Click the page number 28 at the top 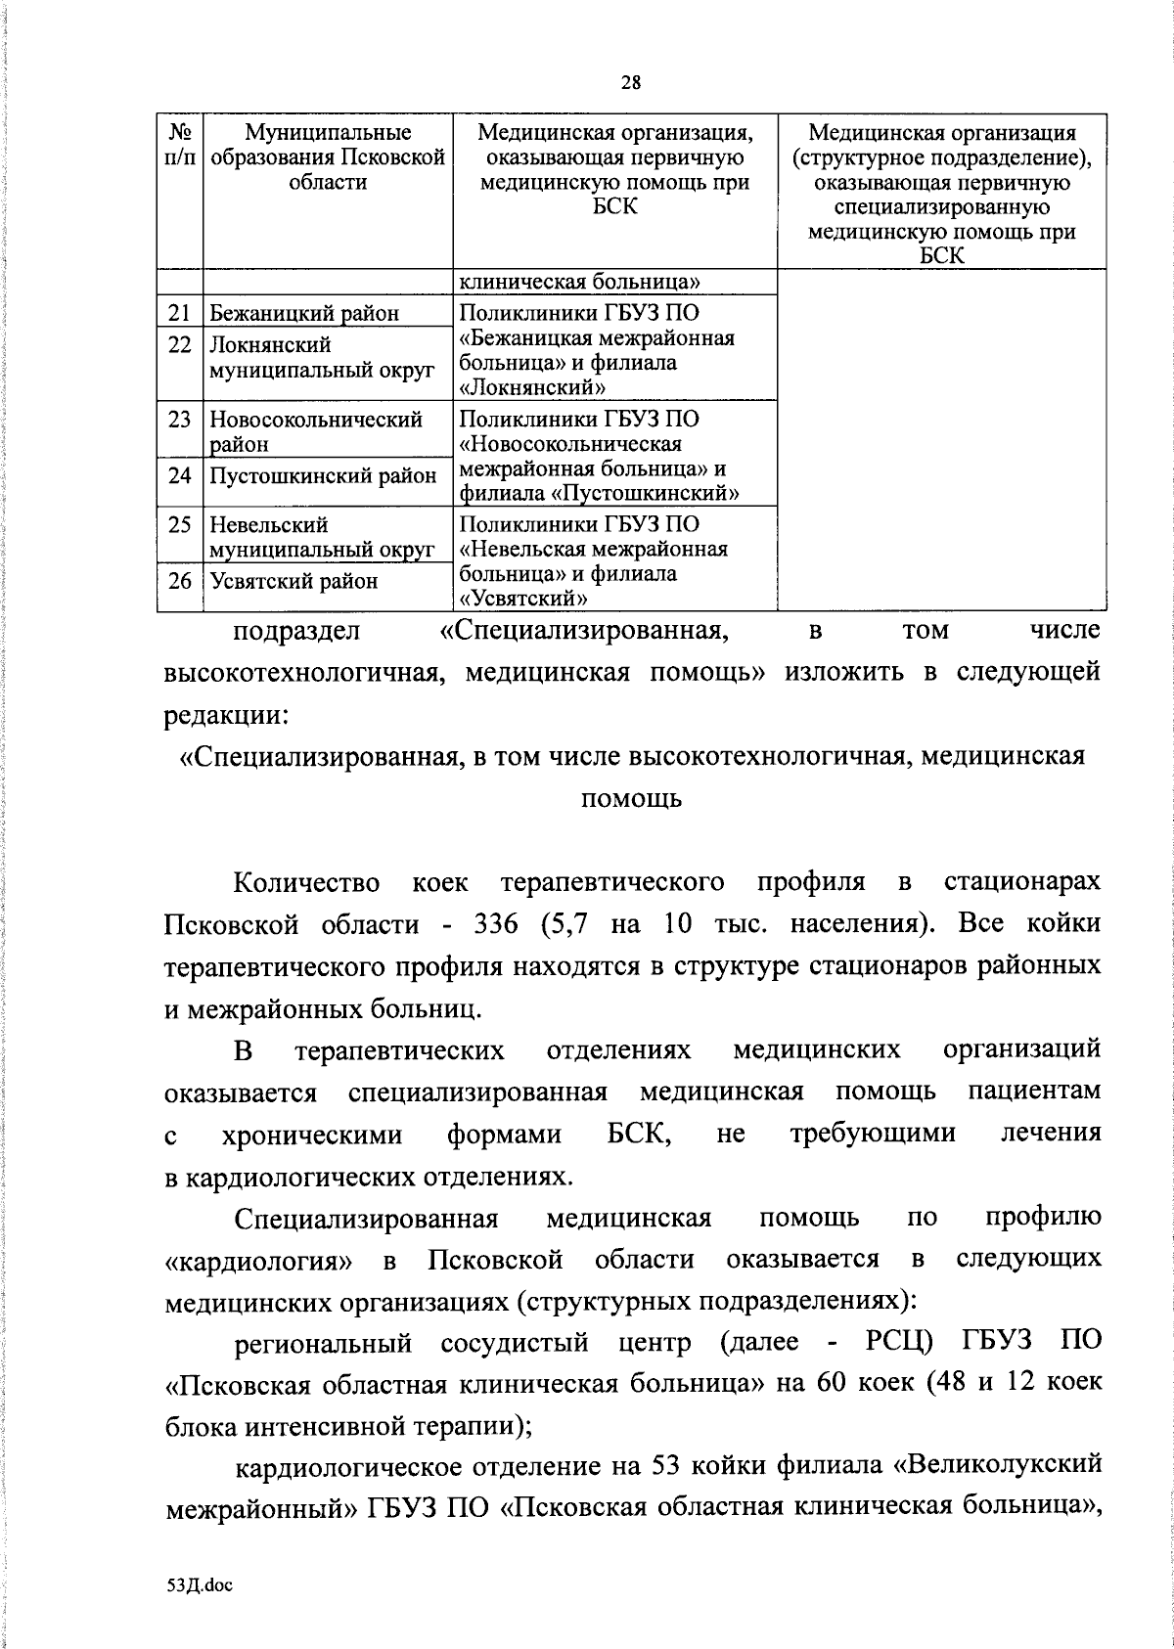coord(630,82)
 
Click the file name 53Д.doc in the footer coord(200,1586)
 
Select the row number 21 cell coord(179,313)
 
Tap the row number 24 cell coord(179,476)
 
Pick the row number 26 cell coord(179,581)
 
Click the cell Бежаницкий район coord(304,313)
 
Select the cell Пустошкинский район coord(323,476)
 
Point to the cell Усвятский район coord(293,581)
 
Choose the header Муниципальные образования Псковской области coord(328,157)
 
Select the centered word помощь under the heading coord(631,798)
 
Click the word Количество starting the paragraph coord(307,882)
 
